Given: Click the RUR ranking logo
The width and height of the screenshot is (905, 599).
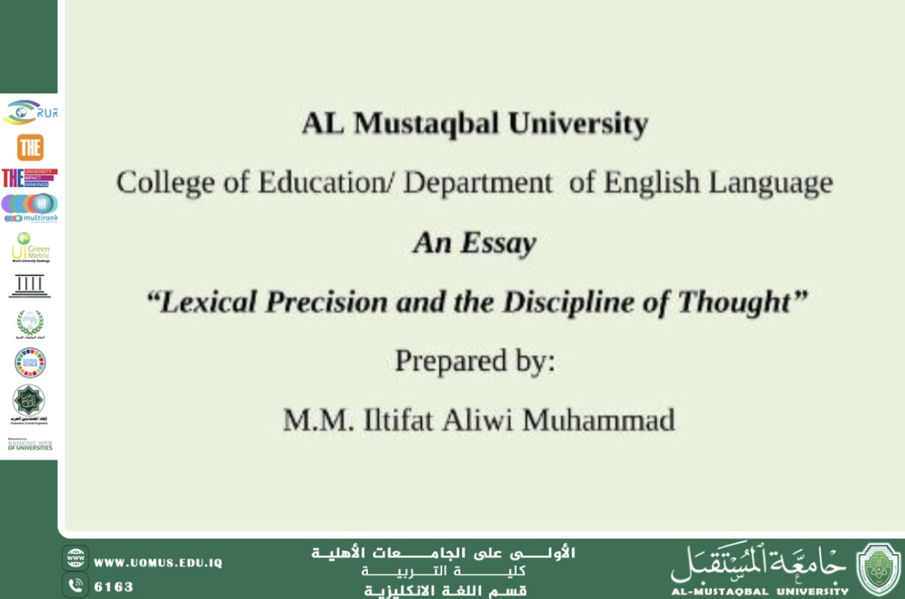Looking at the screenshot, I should click(x=30, y=112).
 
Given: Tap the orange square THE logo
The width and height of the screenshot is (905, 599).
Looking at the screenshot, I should click(x=30, y=147).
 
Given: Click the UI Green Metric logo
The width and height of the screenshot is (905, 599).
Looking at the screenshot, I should click(x=30, y=247).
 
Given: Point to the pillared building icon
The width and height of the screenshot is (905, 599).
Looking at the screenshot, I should click(x=29, y=286).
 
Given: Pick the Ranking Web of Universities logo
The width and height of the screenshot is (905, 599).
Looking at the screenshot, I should click(x=30, y=445).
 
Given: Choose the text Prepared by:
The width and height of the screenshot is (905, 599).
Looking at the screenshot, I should click(x=475, y=362).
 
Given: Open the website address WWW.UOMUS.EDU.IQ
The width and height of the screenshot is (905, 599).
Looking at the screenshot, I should click(x=158, y=563).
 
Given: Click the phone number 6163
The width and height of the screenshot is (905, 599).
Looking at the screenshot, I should click(x=114, y=587).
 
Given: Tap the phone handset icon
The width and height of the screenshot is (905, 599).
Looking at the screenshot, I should click(x=76, y=586).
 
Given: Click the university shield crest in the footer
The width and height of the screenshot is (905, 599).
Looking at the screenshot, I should click(x=878, y=569).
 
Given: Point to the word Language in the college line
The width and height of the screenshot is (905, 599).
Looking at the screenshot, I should click(x=770, y=183).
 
